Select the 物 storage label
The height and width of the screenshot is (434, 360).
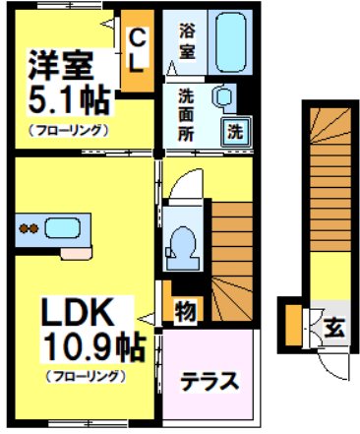(x=184, y=312)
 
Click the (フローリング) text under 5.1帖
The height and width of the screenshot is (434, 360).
(x=68, y=129)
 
